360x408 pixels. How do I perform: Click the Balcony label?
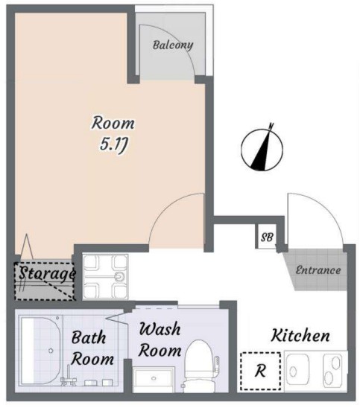point(173,45)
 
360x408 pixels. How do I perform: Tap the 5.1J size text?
point(113,144)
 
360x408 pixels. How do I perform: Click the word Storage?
point(47,274)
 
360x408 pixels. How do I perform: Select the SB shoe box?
point(266,238)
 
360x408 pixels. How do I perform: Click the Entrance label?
point(318,270)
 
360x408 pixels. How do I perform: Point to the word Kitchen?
point(300,336)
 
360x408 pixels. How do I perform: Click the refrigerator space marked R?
point(260,371)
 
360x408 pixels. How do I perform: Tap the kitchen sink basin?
point(297,369)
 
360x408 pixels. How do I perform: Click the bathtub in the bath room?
point(40,350)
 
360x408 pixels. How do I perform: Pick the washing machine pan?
point(105,277)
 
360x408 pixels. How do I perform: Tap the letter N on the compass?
point(271,126)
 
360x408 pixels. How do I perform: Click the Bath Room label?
point(92,348)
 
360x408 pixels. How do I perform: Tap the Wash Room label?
point(160,340)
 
